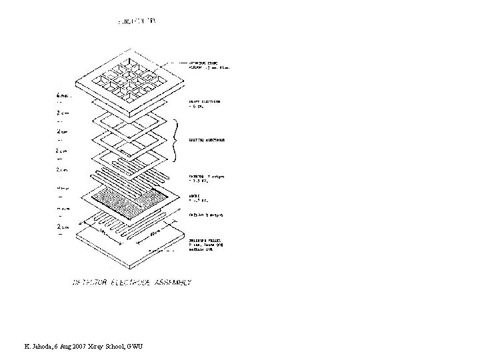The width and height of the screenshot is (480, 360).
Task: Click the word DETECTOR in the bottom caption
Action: pos(91,283)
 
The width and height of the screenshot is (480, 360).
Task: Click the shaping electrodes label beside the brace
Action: pos(206,140)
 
